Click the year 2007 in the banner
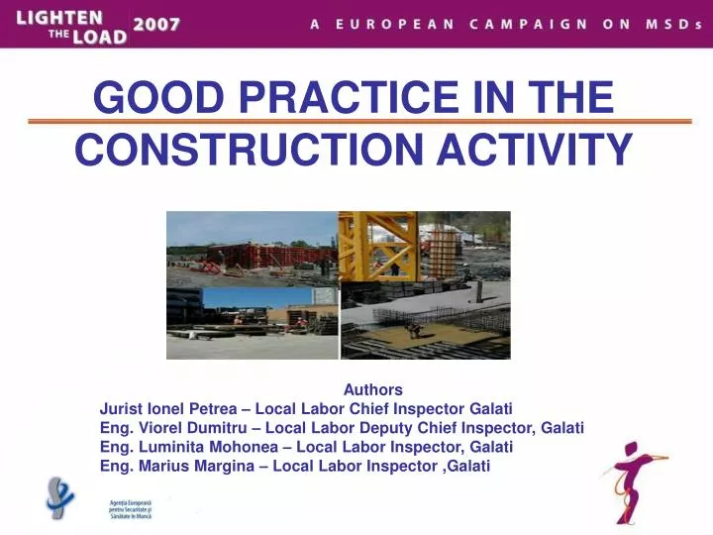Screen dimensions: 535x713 (158, 26)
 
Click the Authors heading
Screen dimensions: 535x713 (372, 389)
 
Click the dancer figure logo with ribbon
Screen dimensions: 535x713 (633, 480)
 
